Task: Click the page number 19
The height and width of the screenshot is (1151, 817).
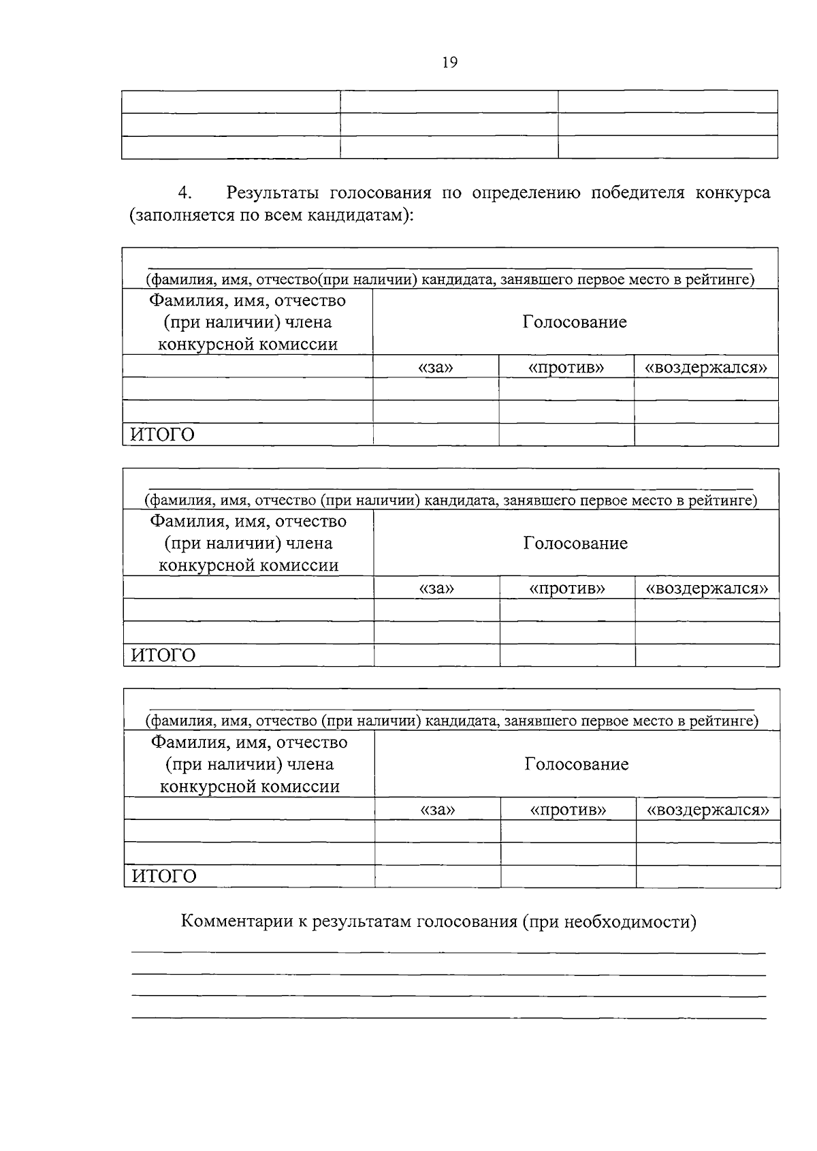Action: [449, 63]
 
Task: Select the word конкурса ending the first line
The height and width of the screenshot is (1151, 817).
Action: [733, 193]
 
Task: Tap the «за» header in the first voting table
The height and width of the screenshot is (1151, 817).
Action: [436, 368]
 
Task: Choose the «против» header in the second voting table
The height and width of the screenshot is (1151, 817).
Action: [567, 588]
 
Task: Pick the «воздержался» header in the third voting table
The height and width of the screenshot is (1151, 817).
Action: [707, 810]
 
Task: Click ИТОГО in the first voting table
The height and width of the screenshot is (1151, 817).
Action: [162, 435]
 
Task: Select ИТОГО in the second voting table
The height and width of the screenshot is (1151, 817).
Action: [163, 655]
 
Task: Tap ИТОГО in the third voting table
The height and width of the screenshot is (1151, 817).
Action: [163, 877]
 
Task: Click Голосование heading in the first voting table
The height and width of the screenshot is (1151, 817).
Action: [575, 322]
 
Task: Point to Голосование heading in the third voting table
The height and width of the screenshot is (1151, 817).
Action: [577, 764]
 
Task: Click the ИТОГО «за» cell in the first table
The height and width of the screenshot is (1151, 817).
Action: [436, 435]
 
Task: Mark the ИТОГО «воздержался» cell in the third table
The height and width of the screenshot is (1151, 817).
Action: [708, 877]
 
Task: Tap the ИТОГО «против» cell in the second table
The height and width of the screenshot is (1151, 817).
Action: [567, 655]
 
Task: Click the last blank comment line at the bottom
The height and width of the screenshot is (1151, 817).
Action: [448, 1018]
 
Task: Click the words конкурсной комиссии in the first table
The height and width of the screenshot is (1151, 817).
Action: [248, 345]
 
